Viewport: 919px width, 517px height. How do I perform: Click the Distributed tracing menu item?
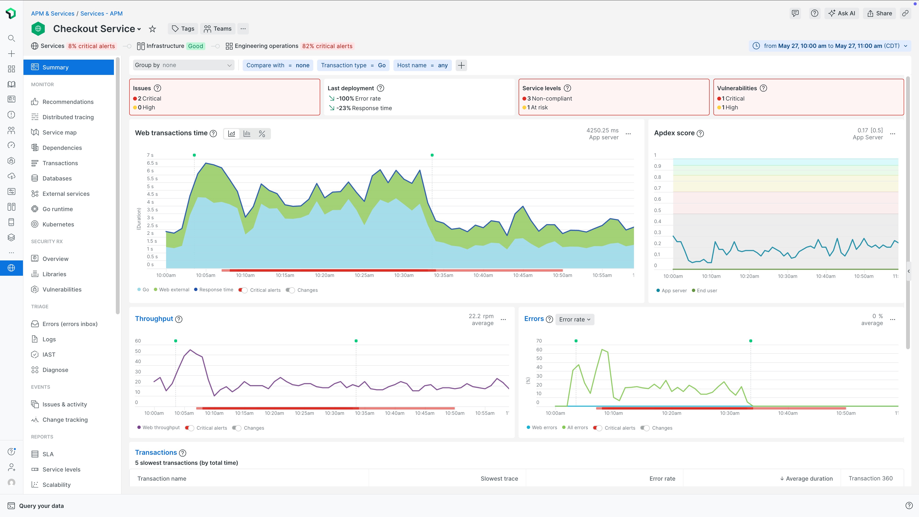(x=68, y=117)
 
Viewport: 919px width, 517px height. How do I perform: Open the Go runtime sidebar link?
(x=57, y=209)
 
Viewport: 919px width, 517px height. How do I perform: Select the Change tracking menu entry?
(x=65, y=420)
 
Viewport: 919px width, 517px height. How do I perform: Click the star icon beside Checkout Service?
(x=152, y=29)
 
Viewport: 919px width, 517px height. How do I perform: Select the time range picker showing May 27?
(x=829, y=46)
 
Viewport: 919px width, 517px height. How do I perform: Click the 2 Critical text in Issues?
(x=149, y=98)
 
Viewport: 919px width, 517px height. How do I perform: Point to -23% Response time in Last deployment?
(x=364, y=108)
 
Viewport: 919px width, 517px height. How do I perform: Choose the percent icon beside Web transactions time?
(x=262, y=134)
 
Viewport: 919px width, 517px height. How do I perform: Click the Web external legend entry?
(x=174, y=290)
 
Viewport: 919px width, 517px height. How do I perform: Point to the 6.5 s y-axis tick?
(x=152, y=163)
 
